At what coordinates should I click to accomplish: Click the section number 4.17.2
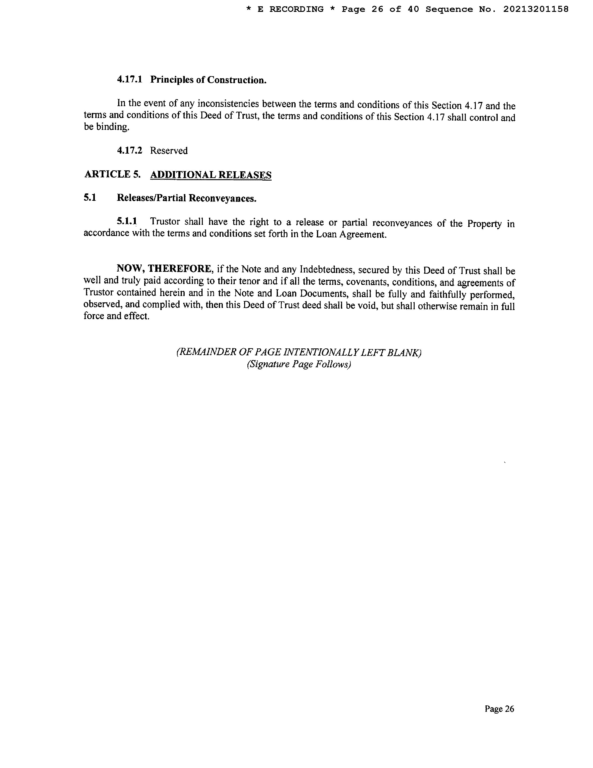tap(130, 151)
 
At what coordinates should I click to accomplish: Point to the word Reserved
tap(169, 151)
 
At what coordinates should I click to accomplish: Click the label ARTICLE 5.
tap(112, 174)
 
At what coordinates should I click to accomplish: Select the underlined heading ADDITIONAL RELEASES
tap(211, 175)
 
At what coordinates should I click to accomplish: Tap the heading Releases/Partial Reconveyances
tap(187, 198)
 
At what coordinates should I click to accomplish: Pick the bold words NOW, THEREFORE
tap(165, 269)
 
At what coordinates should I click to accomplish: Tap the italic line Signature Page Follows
tap(299, 364)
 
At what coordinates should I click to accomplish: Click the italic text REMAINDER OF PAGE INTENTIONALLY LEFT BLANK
tap(299, 352)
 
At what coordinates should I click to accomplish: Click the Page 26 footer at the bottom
tap(499, 709)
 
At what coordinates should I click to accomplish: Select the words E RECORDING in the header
tap(290, 9)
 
